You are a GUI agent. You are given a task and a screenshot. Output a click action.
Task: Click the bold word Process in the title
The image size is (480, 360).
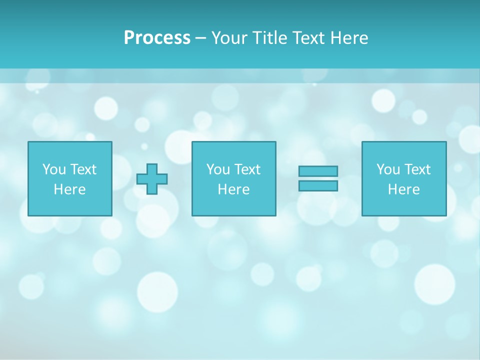[x=157, y=38]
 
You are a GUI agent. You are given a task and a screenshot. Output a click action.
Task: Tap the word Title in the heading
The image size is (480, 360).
[x=270, y=38]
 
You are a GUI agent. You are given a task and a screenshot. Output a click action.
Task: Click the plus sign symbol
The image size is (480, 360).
[x=152, y=179]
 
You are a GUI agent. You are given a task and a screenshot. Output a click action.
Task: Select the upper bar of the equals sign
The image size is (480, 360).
[x=318, y=171]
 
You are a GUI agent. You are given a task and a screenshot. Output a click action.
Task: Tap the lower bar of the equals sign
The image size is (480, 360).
[x=318, y=185]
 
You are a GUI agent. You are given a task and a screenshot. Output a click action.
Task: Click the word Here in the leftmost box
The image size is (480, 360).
[x=69, y=189]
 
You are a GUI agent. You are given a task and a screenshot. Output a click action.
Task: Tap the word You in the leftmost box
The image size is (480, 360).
[x=54, y=169]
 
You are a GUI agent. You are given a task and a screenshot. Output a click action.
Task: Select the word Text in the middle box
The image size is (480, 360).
[x=247, y=169]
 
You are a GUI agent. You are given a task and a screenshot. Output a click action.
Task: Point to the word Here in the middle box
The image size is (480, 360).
[x=233, y=189]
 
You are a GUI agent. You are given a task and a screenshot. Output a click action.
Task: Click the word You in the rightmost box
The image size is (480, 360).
[x=388, y=169]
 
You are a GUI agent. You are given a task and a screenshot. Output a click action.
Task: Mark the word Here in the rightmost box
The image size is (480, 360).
[x=403, y=189]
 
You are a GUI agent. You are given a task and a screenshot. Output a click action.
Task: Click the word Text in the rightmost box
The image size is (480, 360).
[x=417, y=169]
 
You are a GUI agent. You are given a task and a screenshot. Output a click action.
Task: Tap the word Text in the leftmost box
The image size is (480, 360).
[x=83, y=169]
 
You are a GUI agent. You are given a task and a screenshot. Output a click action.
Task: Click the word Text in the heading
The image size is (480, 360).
[x=309, y=38]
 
